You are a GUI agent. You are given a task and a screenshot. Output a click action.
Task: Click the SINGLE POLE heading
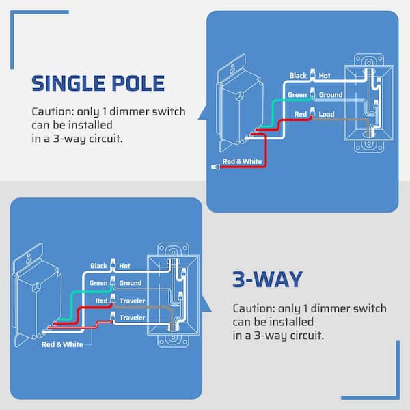98,83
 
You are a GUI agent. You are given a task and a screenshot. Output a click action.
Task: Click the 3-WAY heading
267,279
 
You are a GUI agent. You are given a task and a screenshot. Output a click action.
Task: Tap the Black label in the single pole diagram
298,76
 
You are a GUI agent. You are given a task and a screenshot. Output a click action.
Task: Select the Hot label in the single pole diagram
325,76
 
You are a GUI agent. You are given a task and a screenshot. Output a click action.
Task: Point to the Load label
327,114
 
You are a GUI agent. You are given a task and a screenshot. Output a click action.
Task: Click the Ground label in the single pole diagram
331,95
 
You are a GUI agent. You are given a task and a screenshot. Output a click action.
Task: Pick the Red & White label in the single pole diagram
242,161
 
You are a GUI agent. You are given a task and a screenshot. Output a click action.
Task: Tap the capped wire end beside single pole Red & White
215,167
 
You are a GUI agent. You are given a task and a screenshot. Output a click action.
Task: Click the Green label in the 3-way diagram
98,283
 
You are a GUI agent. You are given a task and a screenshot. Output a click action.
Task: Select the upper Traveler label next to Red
132,301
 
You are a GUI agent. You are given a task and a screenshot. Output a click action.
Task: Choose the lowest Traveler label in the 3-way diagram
132,318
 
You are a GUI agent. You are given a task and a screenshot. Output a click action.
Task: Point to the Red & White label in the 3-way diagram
62,344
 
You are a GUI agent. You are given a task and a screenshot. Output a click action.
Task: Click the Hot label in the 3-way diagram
124,266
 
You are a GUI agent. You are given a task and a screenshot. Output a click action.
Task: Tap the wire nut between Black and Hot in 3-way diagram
113,263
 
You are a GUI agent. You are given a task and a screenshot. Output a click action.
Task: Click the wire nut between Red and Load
312,112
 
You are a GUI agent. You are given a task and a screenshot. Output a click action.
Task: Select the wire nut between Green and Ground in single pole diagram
312,92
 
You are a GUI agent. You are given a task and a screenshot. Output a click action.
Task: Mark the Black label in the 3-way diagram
99,266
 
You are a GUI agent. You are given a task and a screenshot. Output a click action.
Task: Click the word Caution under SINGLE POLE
53,111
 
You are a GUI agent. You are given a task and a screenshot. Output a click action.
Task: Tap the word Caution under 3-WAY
254,309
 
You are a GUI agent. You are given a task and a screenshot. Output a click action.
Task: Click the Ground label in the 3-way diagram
131,283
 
